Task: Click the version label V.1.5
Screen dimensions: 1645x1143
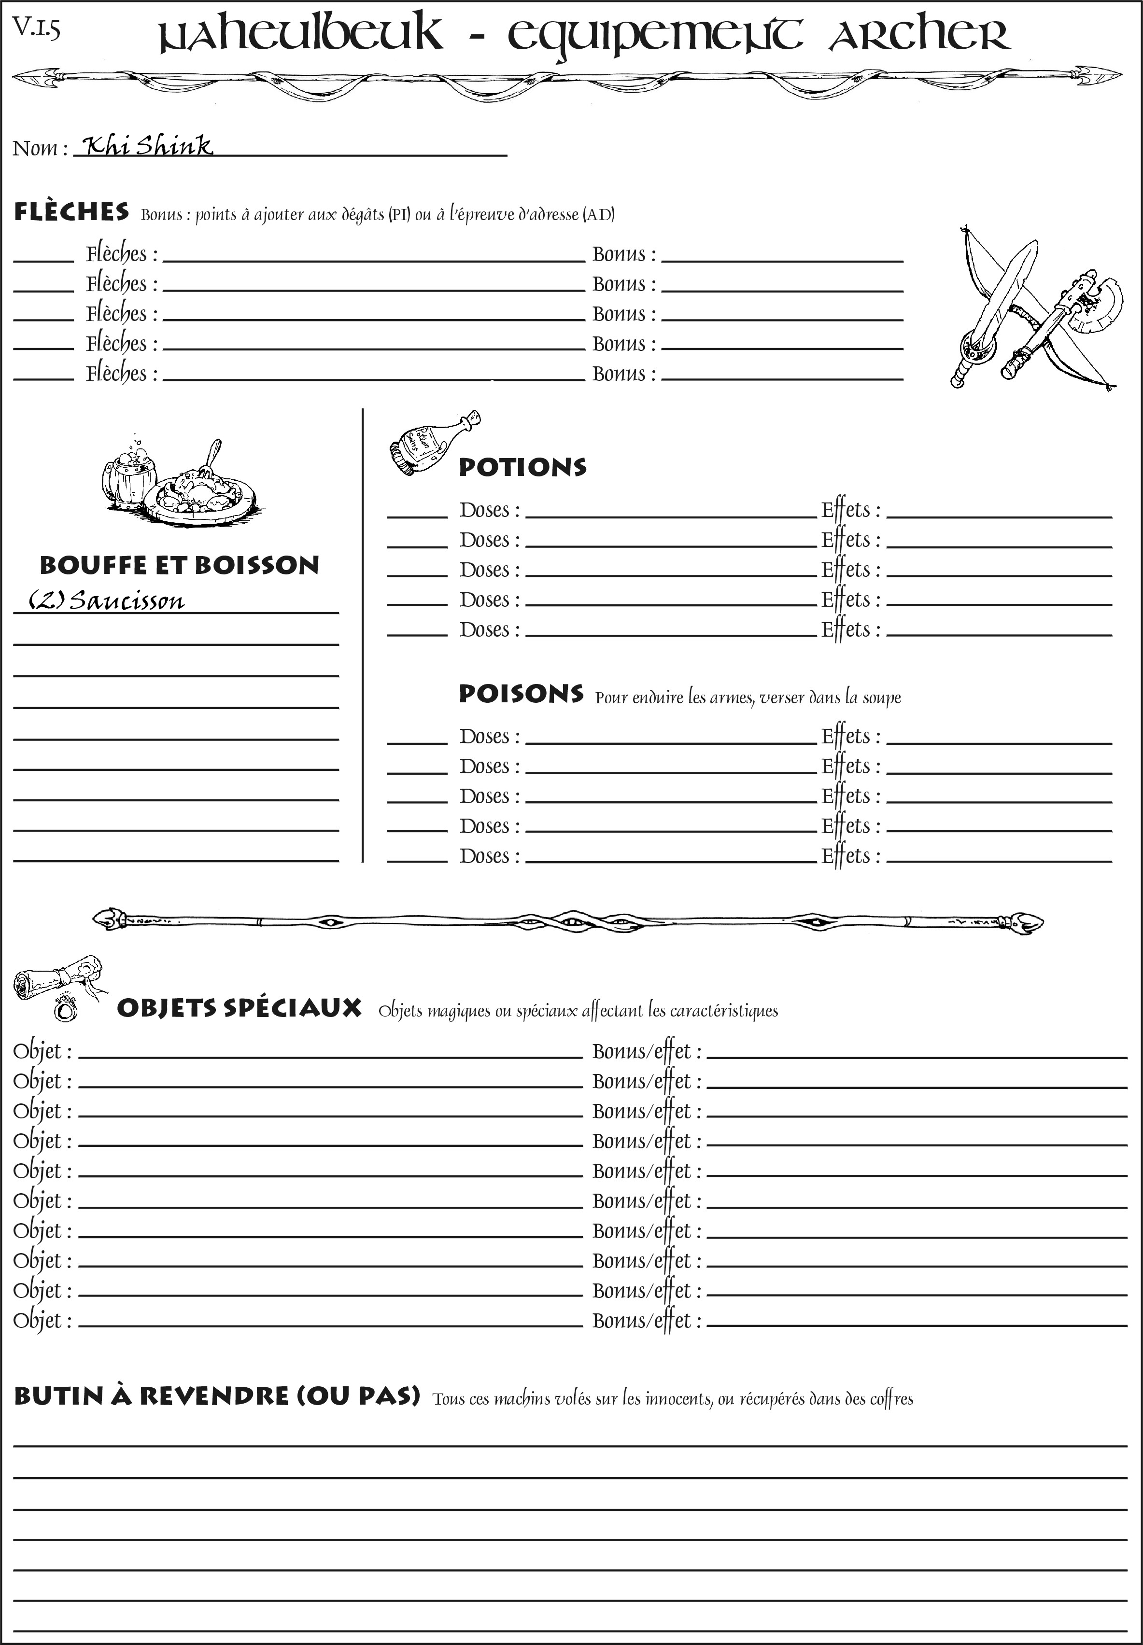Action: click(x=37, y=28)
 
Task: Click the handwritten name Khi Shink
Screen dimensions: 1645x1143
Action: click(x=147, y=146)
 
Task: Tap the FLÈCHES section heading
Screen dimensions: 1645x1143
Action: click(x=71, y=212)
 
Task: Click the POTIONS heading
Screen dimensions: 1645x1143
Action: click(x=522, y=467)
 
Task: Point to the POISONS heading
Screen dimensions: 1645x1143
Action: click(x=521, y=694)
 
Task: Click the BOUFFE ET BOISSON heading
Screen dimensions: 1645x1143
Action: click(x=179, y=565)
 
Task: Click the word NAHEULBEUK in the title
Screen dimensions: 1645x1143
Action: click(x=301, y=35)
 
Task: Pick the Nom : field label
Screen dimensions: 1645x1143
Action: click(x=40, y=148)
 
